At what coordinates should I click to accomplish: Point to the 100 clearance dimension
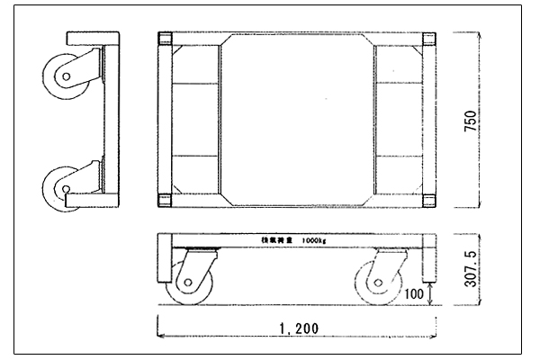(x=414, y=293)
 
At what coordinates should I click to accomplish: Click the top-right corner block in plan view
(x=427, y=40)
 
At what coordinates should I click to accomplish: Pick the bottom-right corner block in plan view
(x=427, y=200)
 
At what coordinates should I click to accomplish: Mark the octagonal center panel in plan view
(x=296, y=120)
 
